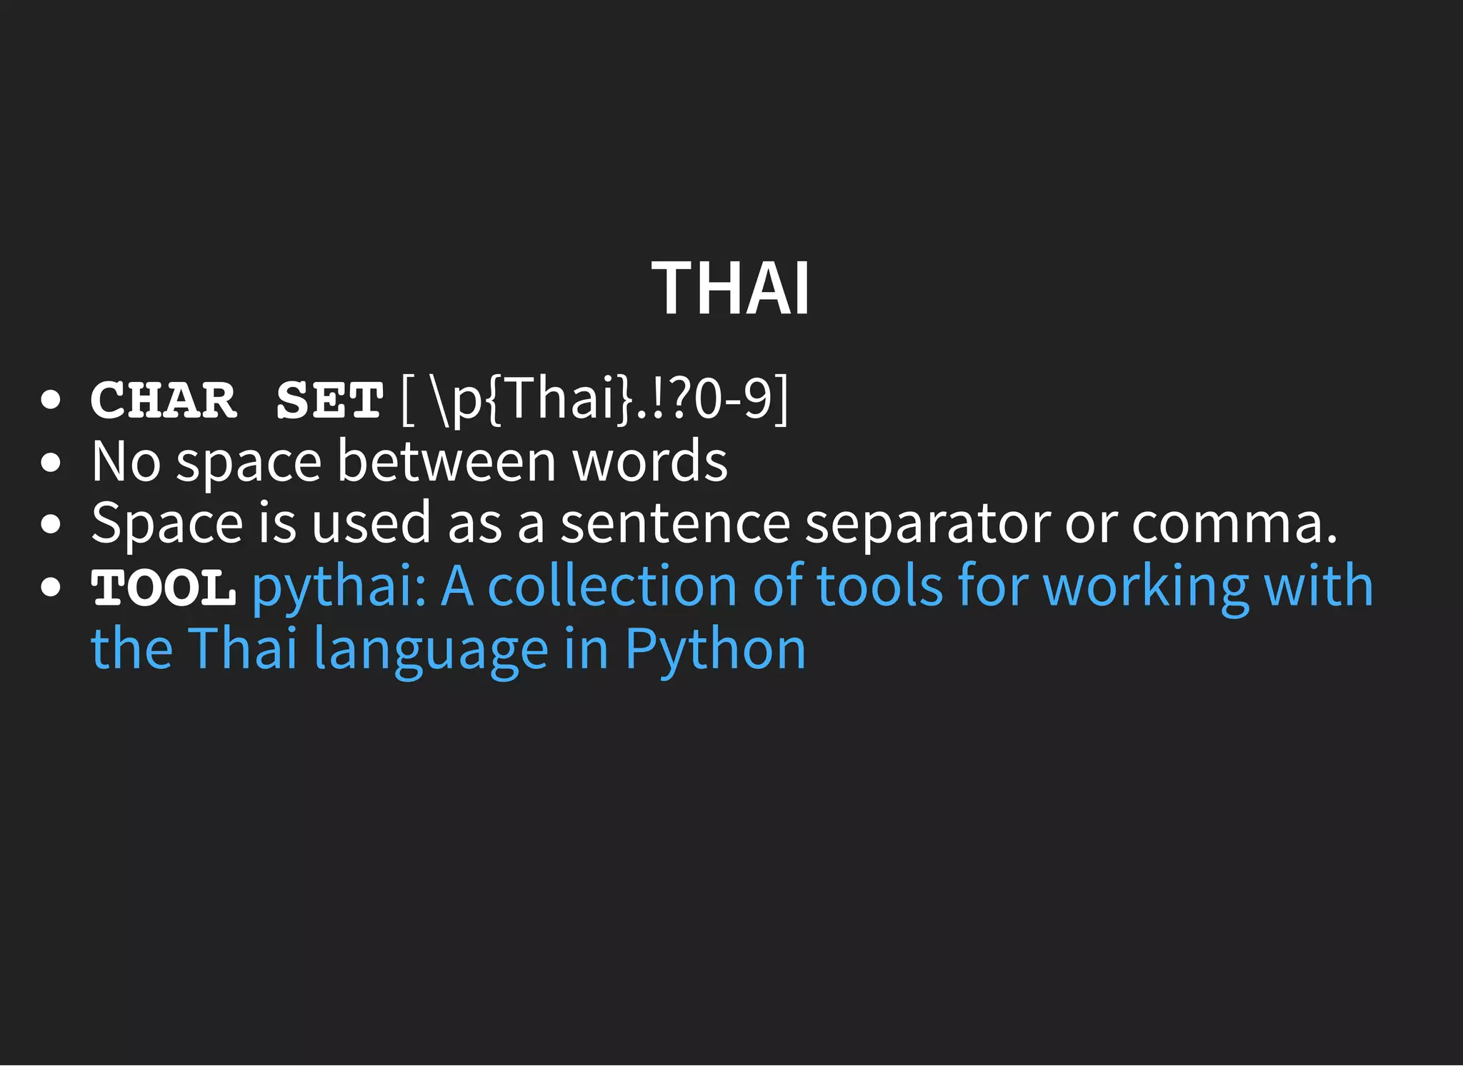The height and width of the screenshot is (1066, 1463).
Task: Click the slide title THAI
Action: tap(731, 288)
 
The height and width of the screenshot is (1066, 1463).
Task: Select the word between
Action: tap(446, 462)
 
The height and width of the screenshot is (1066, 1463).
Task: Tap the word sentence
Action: tap(675, 523)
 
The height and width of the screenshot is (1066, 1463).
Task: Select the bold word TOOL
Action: tap(164, 588)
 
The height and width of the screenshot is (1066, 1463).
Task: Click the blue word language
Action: tap(431, 650)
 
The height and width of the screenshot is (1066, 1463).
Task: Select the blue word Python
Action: tap(716, 650)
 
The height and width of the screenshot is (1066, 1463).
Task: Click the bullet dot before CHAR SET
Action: tap(51, 401)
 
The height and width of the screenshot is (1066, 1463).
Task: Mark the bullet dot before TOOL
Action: tap(51, 588)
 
